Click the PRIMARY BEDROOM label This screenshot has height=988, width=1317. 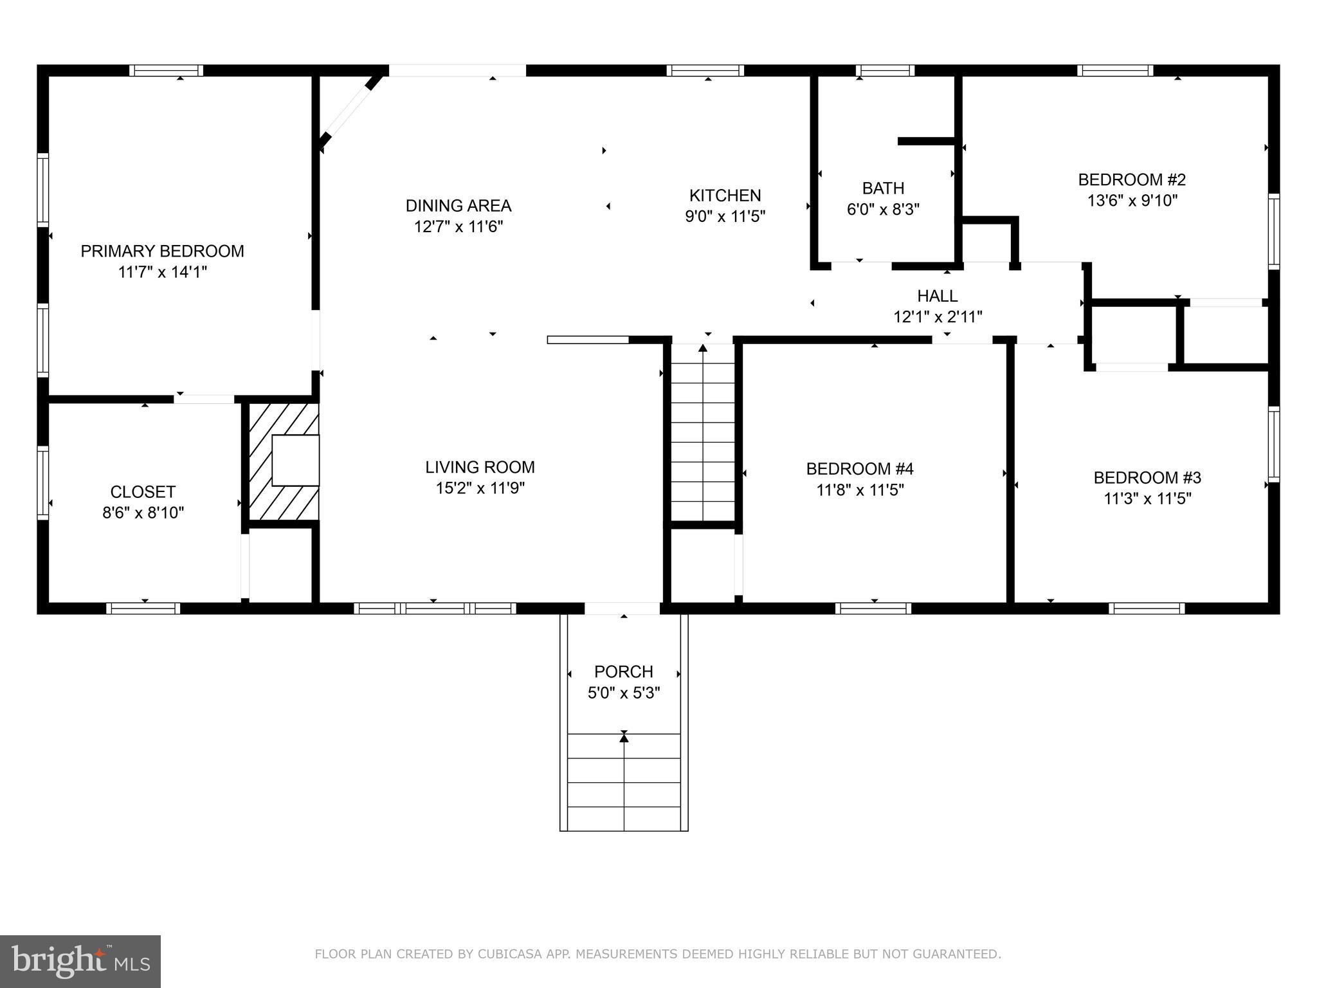pyautogui.click(x=162, y=251)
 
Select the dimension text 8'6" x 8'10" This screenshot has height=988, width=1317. pyautogui.click(x=143, y=513)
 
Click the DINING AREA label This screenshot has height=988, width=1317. pyautogui.click(x=458, y=206)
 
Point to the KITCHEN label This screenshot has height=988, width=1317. pyautogui.click(x=725, y=196)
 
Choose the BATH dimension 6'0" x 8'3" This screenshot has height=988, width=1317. pyautogui.click(x=883, y=210)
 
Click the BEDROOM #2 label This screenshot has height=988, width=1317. pyautogui.click(x=1132, y=179)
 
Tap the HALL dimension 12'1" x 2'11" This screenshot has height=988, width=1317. pyautogui.click(x=938, y=317)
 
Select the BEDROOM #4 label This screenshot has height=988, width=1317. pyautogui.click(x=860, y=469)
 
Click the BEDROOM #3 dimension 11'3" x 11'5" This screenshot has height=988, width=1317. pyautogui.click(x=1147, y=499)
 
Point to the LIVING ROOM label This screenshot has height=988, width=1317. pyautogui.click(x=480, y=467)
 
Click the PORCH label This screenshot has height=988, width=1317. pyautogui.click(x=623, y=672)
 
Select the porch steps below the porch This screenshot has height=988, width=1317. pyautogui.click(x=624, y=782)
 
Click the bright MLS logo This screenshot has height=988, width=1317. pyautogui.click(x=80, y=962)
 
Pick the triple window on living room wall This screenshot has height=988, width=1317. pyautogui.click(x=435, y=608)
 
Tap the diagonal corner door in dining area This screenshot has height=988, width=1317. pyautogui.click(x=351, y=113)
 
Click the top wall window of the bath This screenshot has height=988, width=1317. pyautogui.click(x=885, y=71)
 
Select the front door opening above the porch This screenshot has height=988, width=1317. pyautogui.click(x=622, y=608)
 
